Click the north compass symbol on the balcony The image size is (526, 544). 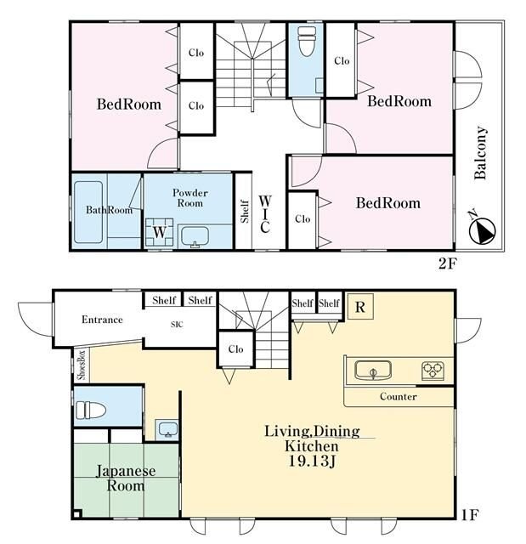[x=482, y=229]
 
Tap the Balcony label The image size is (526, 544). [x=481, y=153]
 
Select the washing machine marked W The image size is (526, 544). [x=159, y=232]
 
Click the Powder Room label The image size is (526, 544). [x=190, y=198]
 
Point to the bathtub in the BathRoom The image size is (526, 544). [x=88, y=212]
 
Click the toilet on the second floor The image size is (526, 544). [x=307, y=42]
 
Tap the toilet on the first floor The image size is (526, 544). [x=90, y=410]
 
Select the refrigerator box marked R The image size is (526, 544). [x=360, y=306]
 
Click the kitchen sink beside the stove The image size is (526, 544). [x=373, y=370]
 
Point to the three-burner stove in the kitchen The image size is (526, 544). [x=433, y=370]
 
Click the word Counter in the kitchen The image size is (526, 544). [x=398, y=396]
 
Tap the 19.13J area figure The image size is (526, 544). [x=312, y=461]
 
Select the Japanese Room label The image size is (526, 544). [x=126, y=478]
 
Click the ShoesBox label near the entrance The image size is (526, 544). [x=82, y=365]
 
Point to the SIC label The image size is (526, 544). [x=177, y=325]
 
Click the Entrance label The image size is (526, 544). [x=102, y=320]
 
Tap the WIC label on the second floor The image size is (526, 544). [x=265, y=214]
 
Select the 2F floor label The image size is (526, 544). [x=447, y=264]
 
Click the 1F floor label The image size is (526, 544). [x=470, y=515]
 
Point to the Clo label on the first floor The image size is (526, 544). [x=235, y=348]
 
